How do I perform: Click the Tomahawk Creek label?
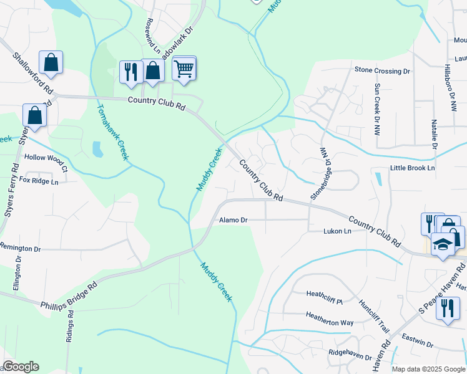[112, 131]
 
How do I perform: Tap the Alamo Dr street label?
[234, 220]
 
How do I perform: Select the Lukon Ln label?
[337, 231]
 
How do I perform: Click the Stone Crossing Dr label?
[382, 71]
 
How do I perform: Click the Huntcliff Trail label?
[374, 314]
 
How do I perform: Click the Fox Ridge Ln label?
[39, 181]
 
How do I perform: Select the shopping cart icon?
[184, 68]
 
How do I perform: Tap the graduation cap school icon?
[443, 245]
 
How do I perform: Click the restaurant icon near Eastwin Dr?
[448, 310]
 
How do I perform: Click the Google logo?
[21, 367]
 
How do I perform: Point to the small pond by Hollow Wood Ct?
[97, 150]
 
